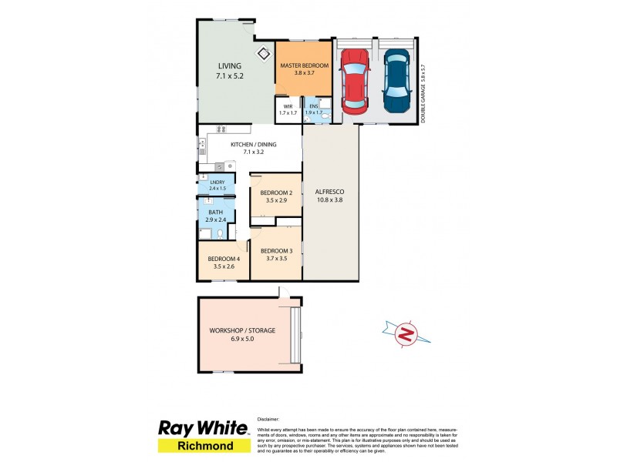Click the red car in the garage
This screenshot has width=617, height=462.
355,81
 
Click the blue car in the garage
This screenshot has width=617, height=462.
396,81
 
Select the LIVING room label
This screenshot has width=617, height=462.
229,66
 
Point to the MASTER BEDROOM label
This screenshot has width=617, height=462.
304,66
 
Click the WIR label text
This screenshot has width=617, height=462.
288,106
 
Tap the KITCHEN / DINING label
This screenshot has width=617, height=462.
248,143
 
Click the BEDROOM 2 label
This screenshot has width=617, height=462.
275,192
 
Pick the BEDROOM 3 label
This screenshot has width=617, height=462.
275,251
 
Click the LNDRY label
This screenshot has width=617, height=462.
217,182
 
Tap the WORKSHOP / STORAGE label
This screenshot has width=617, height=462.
242,331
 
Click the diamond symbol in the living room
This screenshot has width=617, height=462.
263,52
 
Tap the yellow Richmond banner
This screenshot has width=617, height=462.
204,445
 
